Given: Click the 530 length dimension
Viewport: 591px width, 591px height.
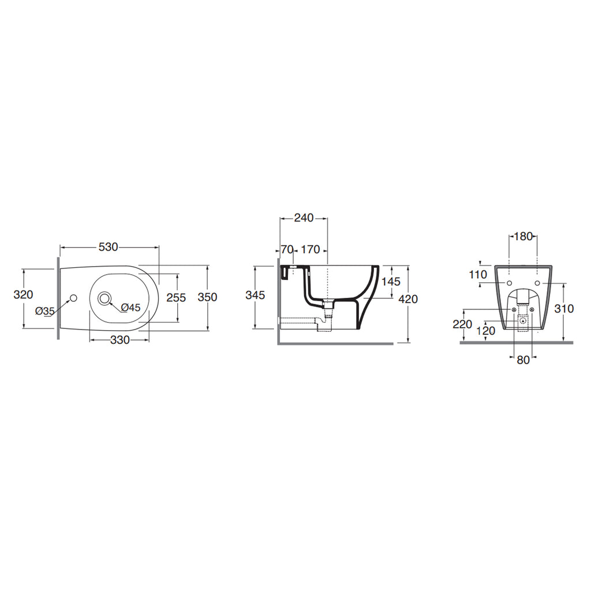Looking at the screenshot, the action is click(108, 247).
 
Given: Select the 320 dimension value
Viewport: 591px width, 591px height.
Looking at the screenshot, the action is click(23, 294).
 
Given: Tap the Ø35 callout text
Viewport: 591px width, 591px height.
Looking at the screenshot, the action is click(45, 311).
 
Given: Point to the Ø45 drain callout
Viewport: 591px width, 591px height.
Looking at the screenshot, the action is click(131, 308).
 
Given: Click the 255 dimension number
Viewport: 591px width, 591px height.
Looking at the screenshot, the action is click(177, 298).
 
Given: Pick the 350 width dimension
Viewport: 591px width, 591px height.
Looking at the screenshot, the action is click(208, 297).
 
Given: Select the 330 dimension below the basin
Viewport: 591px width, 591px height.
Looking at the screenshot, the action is click(120, 340).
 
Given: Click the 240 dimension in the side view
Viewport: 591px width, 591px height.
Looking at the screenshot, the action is click(304, 218).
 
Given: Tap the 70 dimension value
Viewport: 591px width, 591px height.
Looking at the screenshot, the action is click(287, 249).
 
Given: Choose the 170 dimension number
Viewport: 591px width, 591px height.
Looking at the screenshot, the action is click(311, 249).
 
